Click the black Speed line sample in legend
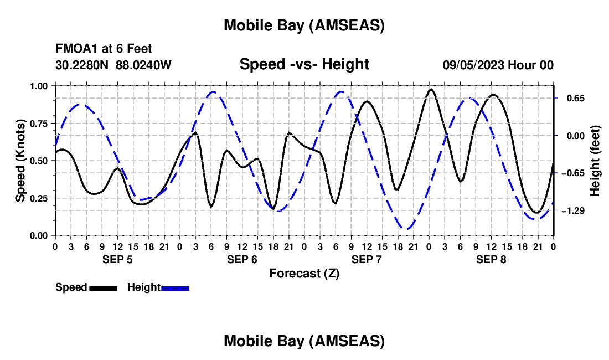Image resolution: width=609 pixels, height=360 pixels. coord(103,287)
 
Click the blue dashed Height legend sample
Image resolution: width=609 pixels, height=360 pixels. coord(175,287)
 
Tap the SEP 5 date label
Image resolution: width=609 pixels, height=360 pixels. coord(117,259)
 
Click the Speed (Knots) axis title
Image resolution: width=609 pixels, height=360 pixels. coord(20,161)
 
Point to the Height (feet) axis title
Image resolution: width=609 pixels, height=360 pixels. coord(595,161)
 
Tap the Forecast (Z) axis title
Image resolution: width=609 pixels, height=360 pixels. coord(304,273)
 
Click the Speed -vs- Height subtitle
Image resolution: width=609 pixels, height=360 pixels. coord(304,64)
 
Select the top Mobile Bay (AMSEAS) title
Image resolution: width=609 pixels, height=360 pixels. coord(304,25)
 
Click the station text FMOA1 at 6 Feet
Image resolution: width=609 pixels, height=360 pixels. coord(104,49)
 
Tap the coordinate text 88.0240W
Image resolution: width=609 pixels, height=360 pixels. coord(143,65)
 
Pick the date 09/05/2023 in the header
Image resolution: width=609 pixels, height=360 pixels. coord(473,65)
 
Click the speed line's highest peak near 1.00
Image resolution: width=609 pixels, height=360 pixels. coord(431,89)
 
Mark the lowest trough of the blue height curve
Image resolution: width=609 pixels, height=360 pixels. coord(407,228)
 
